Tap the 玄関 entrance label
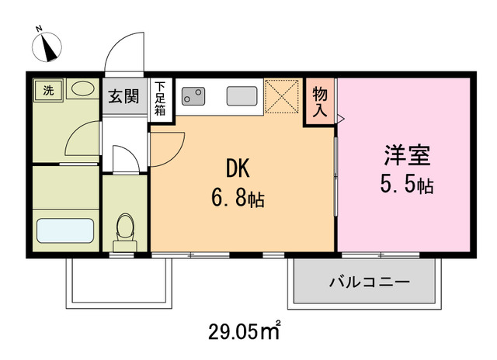(x=123, y=97)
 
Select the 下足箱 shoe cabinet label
(x=160, y=99)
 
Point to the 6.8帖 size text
(x=238, y=199)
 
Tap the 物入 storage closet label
(x=320, y=101)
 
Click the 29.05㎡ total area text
(x=244, y=333)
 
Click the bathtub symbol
(x=65, y=230)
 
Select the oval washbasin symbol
(x=80, y=90)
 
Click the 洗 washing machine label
(x=48, y=90)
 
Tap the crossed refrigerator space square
(x=281, y=96)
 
